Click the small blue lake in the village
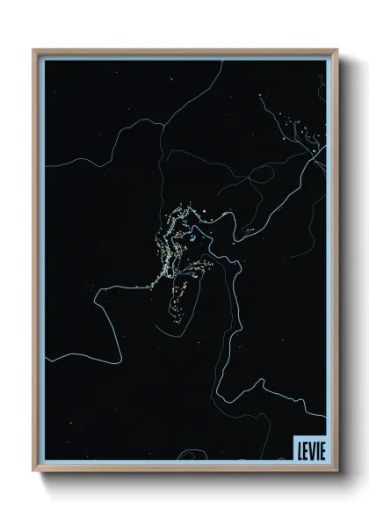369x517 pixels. pyautogui.click(x=187, y=238)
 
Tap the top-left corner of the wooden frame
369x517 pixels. pyautogui.click(x=33, y=50)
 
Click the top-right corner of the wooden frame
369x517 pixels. pyautogui.click(x=335, y=50)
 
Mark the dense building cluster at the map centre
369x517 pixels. pyautogui.click(x=176, y=246)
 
